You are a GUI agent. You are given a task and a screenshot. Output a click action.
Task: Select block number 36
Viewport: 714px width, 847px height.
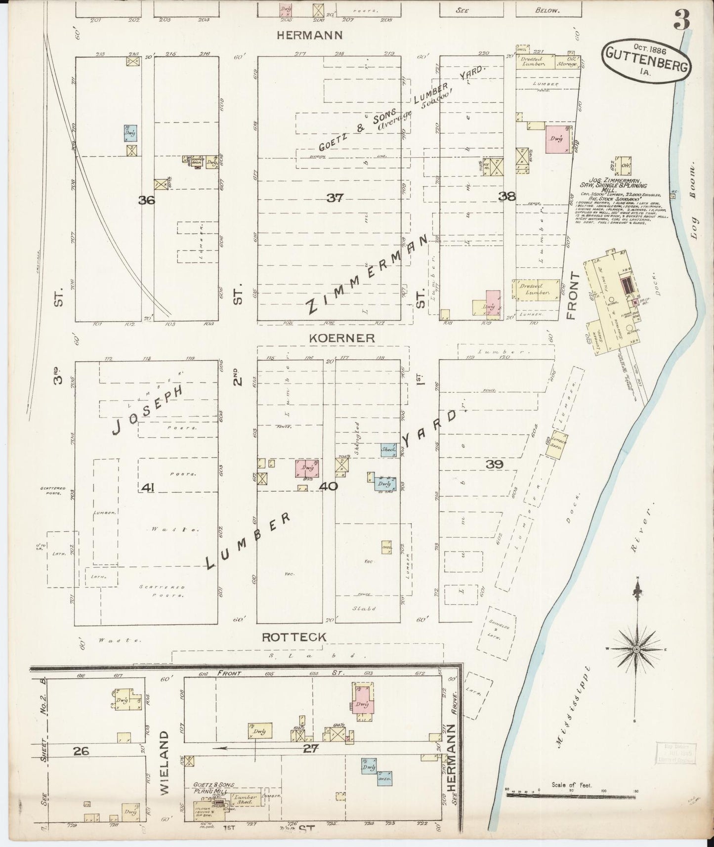click(147, 200)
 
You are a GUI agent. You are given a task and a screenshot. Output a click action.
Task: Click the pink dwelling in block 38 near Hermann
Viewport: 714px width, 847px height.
click(555, 139)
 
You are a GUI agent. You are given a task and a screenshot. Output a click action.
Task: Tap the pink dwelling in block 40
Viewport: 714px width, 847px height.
click(307, 468)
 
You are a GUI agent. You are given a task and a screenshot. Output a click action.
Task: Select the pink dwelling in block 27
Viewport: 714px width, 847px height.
click(363, 703)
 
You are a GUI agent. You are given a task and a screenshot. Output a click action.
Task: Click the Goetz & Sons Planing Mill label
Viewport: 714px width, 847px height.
click(213, 788)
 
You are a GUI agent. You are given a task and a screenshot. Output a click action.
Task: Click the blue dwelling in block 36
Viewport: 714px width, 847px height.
click(130, 133)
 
